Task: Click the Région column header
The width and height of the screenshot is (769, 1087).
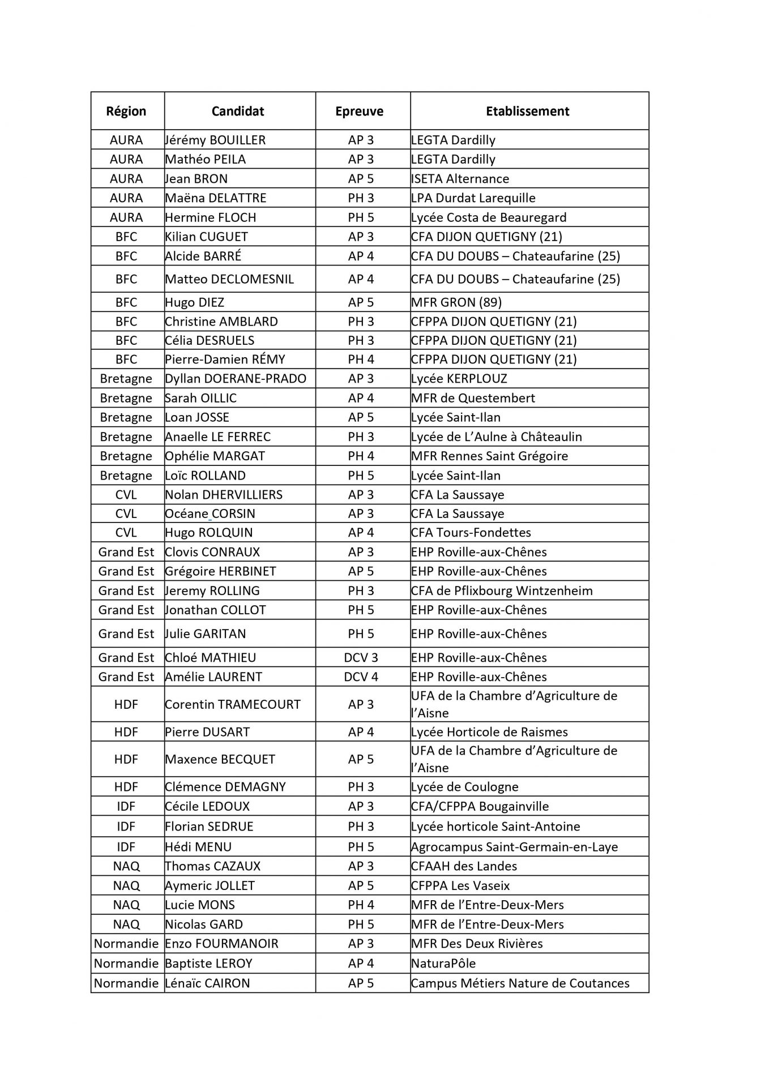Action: (126, 111)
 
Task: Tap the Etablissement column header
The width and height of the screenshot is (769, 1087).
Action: (527, 111)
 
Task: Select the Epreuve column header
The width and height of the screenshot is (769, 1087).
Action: (359, 111)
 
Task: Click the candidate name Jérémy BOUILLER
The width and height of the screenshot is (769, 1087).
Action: (215, 140)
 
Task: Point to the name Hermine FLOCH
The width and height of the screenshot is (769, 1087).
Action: (211, 217)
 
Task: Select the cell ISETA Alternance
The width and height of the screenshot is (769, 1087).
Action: (460, 179)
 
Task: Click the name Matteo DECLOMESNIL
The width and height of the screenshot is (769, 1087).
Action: (229, 279)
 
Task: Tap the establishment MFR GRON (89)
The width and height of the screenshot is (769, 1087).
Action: (456, 302)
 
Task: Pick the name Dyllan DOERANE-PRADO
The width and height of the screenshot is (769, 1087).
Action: (236, 379)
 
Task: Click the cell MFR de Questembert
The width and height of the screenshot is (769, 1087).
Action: (473, 398)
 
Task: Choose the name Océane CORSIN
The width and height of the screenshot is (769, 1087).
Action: (210, 513)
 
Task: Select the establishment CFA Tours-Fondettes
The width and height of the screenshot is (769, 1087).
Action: (471, 533)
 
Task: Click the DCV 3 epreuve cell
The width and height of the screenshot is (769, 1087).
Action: (361, 657)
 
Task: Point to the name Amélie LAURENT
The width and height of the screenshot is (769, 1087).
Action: (213, 677)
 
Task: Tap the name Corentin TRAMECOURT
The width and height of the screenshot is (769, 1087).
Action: (232, 704)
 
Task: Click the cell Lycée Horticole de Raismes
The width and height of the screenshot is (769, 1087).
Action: (489, 732)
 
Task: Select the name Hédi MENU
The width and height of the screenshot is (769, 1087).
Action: (198, 847)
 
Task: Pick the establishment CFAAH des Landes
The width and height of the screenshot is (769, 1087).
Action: (464, 866)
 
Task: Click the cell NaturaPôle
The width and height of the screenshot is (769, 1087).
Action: (443, 964)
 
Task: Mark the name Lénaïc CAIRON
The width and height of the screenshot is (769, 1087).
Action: (207, 983)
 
